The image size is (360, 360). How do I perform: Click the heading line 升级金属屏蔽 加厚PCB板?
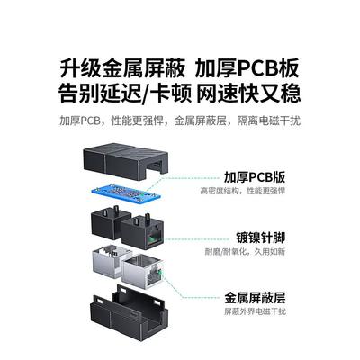point(179,69)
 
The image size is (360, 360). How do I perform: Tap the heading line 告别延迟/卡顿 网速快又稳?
point(180,94)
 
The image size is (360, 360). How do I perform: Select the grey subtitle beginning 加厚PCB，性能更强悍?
point(180,121)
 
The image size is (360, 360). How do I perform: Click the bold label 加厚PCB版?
point(255,177)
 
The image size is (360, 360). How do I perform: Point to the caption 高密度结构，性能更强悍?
point(242,191)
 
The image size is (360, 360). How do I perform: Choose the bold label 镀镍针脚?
point(260,238)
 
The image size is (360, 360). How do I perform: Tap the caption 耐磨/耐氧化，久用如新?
point(245,251)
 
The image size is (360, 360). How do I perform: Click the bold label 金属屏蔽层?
point(255,298)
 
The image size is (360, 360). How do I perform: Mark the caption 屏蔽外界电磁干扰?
point(255,311)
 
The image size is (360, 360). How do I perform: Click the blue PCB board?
point(126,193)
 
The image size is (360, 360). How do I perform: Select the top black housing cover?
point(125,164)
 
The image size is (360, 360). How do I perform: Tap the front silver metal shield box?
point(142,272)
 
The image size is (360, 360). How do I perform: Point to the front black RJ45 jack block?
point(141,232)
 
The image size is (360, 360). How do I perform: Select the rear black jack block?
point(110,222)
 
